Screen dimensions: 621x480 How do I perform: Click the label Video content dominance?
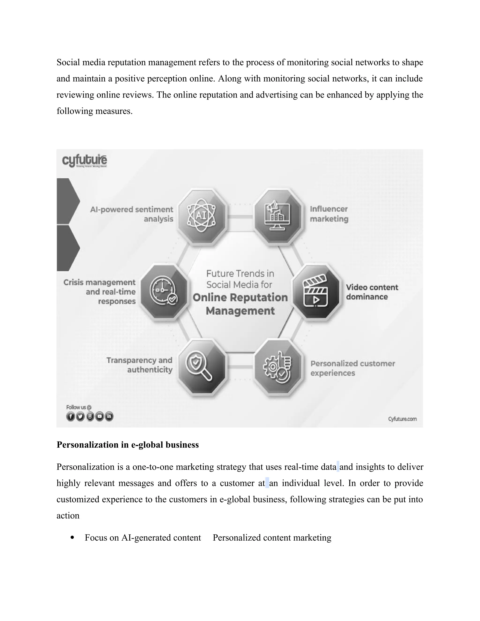[372, 292]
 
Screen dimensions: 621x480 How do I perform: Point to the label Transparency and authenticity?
[139, 365]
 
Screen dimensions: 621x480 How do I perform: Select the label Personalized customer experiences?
[352, 368]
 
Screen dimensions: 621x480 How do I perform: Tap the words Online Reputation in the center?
[240, 297]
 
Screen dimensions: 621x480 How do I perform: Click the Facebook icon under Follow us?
[70, 417]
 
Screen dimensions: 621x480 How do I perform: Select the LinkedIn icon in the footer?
[109, 417]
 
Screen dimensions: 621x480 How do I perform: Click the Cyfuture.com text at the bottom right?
[402, 419]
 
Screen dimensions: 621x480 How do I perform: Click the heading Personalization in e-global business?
[127, 445]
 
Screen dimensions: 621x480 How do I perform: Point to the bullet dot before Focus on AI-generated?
[72, 537]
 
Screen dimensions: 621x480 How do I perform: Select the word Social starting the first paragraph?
[68, 62]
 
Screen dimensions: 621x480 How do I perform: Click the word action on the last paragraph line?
[68, 516]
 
